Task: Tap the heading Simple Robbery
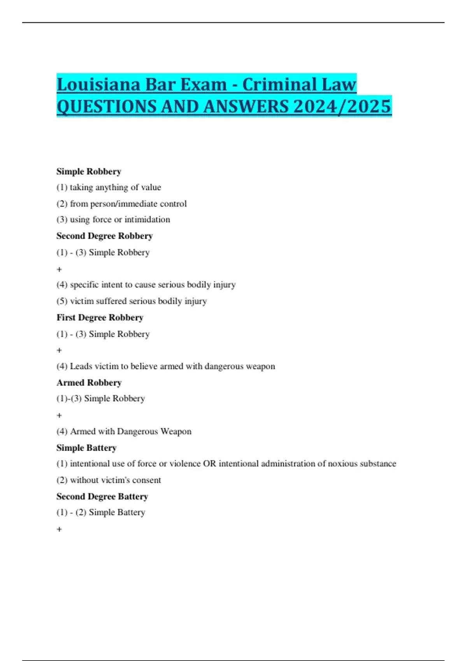tap(89, 171)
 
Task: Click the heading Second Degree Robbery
tap(104, 236)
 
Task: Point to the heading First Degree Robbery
tap(100, 318)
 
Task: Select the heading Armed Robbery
tap(89, 383)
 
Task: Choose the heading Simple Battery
tap(86, 448)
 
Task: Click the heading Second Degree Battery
tap(102, 497)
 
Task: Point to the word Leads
tap(81, 366)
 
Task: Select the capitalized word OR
tap(209, 464)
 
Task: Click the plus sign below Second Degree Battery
tap(59, 529)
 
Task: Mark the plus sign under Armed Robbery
tap(59, 415)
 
